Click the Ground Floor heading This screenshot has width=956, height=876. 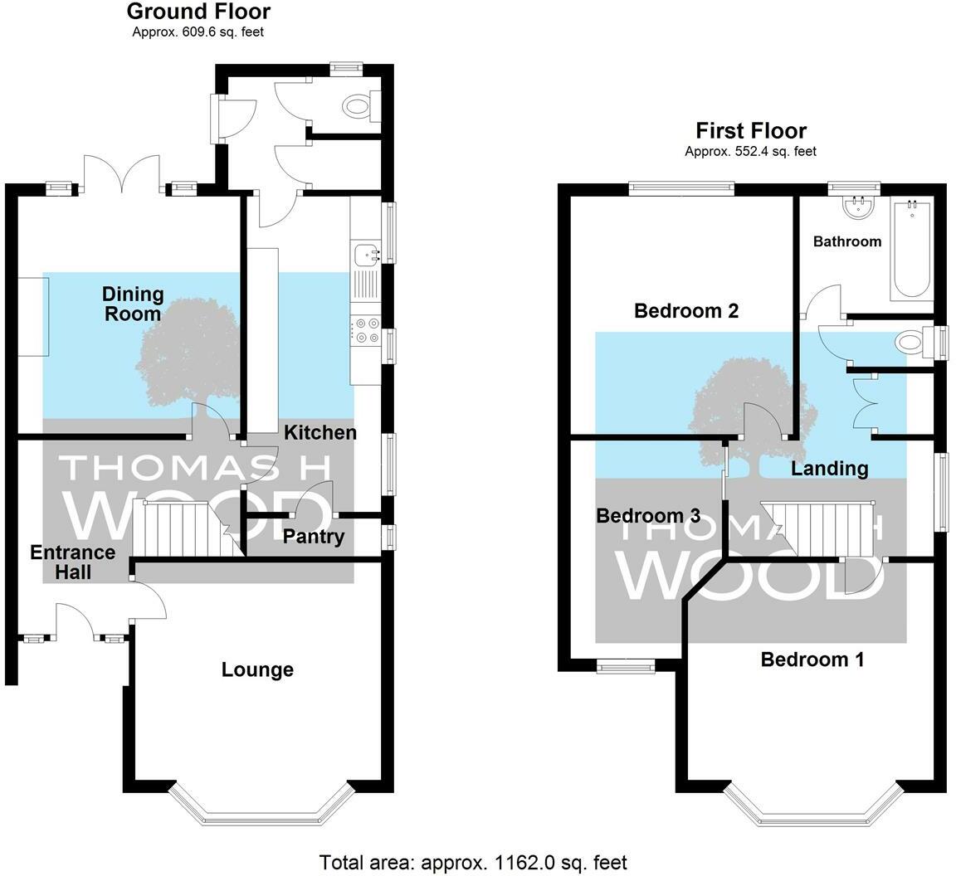(x=199, y=11)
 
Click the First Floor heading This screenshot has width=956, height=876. (x=751, y=130)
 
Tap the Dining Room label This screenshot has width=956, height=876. (x=133, y=304)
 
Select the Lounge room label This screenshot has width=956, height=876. (x=257, y=669)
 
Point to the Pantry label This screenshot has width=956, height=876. (x=314, y=537)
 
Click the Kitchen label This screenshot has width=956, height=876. (x=320, y=432)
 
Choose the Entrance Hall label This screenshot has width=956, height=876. (x=72, y=562)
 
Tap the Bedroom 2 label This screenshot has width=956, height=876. (x=686, y=311)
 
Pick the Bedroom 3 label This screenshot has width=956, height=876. (x=648, y=516)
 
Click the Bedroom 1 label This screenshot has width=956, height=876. (x=812, y=659)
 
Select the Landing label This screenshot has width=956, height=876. (x=830, y=468)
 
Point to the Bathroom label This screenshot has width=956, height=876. (x=847, y=241)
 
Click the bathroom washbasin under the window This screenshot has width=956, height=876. (x=860, y=207)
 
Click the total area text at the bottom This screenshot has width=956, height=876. (x=473, y=863)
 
